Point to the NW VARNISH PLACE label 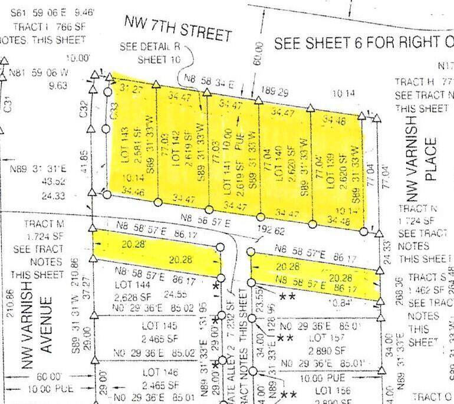(422, 169)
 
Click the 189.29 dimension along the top (275, 92)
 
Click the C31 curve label (8, 106)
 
